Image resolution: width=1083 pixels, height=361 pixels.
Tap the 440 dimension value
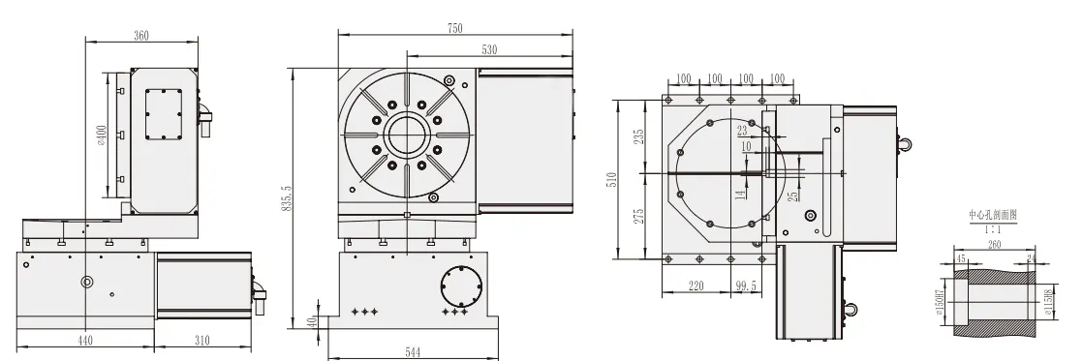(85, 341)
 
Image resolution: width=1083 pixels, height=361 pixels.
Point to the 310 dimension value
(202, 341)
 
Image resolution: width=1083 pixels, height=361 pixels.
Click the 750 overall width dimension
(455, 28)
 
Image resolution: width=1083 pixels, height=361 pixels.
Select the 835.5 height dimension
(284, 200)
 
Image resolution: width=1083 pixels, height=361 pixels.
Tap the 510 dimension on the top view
(612, 179)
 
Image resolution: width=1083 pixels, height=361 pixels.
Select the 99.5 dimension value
(746, 286)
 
